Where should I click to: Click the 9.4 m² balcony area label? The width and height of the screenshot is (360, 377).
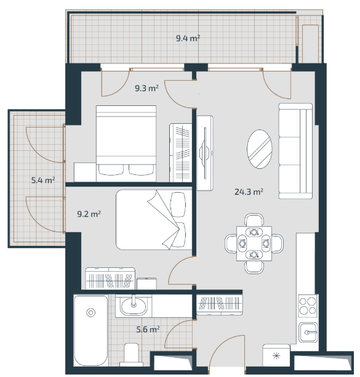pyautogui.click(x=188, y=38)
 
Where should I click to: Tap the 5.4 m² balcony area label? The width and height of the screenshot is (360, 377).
pyautogui.click(x=43, y=180)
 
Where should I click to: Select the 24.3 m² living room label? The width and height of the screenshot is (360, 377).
pyautogui.click(x=249, y=192)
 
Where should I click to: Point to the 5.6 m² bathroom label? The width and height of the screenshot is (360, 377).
pyautogui.click(x=148, y=329)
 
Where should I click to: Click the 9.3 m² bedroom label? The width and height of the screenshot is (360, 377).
pyautogui.click(x=146, y=88)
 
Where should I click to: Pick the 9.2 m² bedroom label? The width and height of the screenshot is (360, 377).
pyautogui.click(x=89, y=214)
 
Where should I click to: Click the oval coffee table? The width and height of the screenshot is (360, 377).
pyautogui.click(x=260, y=149)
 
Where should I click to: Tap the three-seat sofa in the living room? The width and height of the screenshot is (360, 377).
pyautogui.click(x=295, y=152)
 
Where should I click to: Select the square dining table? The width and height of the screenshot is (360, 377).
pyautogui.click(x=254, y=243)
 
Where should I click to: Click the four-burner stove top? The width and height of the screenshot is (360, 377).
pyautogui.click(x=308, y=306)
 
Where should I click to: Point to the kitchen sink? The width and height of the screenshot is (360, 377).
pyautogui.click(x=308, y=333)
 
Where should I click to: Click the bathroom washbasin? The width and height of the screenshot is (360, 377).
pyautogui.click(x=134, y=306)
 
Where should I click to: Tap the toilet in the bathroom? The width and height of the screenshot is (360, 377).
pyautogui.click(x=131, y=354)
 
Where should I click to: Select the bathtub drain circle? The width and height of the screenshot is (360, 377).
pyautogui.click(x=91, y=313)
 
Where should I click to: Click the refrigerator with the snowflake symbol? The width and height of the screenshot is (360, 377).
pyautogui.click(x=276, y=355)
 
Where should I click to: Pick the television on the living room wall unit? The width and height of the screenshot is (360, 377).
pyautogui.click(x=205, y=153)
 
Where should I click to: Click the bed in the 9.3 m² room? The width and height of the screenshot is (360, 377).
pyautogui.click(x=126, y=144)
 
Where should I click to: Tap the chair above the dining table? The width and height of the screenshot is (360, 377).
pyautogui.click(x=254, y=220)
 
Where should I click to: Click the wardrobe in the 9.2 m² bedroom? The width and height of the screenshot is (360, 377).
pyautogui.click(x=110, y=278)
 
